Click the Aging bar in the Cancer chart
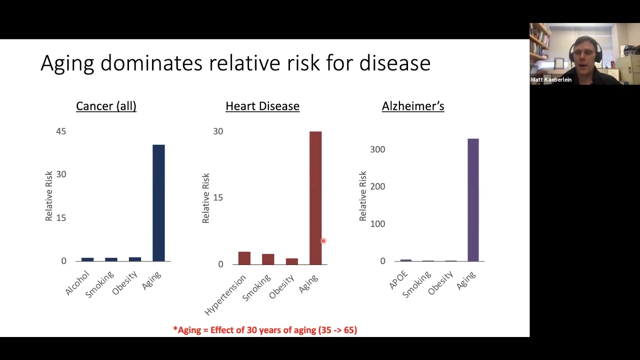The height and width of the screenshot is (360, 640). [158, 202]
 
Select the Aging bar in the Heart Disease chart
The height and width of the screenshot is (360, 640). [315, 197]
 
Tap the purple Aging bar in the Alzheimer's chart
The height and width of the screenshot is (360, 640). [473, 200]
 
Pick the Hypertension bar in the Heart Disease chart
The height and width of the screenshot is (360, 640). [244, 258]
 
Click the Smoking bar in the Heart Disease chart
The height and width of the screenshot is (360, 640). [268, 259]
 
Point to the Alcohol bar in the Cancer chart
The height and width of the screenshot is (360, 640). [87, 259]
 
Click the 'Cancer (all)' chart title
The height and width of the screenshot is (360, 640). [106, 106]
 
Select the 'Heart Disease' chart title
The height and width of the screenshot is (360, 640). [262, 106]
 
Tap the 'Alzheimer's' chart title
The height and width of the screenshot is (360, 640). [413, 106]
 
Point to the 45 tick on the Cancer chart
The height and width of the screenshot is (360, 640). [61, 131]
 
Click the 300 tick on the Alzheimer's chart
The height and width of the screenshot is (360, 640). [377, 149]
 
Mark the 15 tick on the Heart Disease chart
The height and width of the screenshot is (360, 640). [218, 197]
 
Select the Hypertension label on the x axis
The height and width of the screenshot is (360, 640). [225, 295]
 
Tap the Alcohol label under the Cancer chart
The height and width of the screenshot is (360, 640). [77, 283]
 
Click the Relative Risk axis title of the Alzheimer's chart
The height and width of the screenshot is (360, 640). [363, 196]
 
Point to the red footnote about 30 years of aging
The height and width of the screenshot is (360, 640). [265, 330]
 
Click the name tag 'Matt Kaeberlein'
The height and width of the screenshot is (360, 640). [551, 79]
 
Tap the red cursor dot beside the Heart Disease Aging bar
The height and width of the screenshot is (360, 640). [323, 241]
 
